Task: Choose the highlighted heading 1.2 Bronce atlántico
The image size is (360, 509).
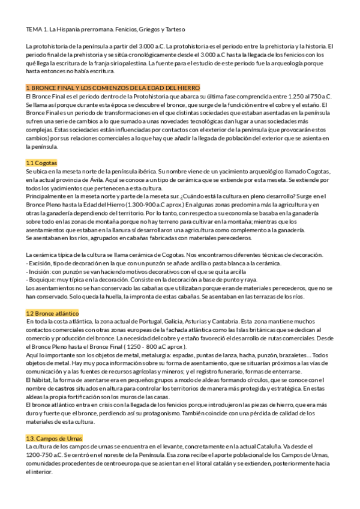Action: pos(52,314)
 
